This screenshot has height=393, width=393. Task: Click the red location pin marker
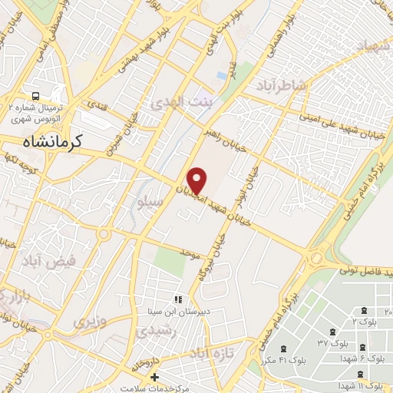197,180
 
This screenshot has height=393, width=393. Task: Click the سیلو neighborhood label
149,203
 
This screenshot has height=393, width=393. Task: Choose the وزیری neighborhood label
91,321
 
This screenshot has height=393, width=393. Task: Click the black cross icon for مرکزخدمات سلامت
154,378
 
